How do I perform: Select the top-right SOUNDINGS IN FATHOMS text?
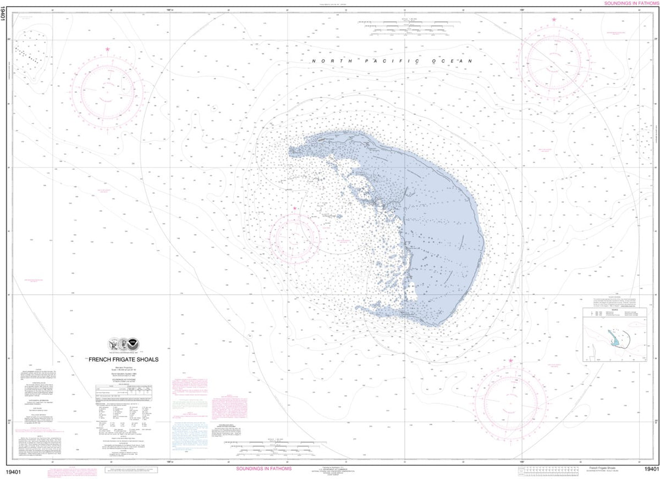point(631,3)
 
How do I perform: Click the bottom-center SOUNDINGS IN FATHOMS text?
point(263,469)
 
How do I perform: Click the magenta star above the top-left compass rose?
point(107,50)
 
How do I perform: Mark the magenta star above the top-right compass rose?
point(554,20)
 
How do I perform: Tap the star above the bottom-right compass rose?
point(511,361)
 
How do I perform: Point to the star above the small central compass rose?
point(295,209)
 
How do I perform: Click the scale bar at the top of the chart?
point(408,25)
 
